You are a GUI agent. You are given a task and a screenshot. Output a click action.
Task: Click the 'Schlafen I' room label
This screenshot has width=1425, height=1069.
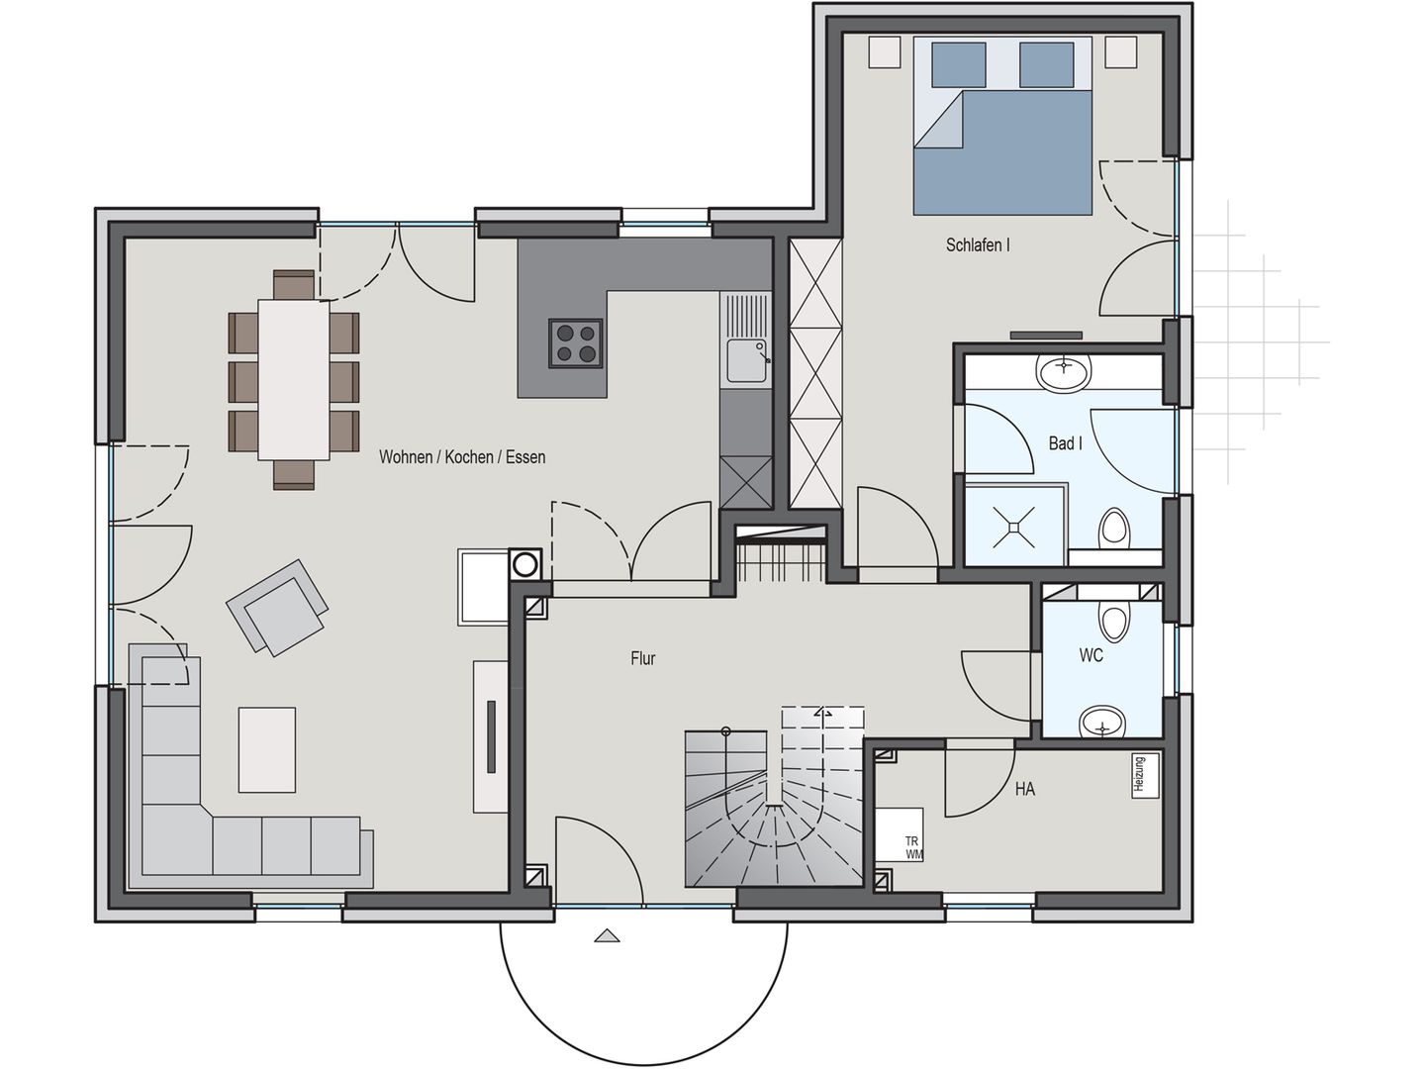(x=977, y=244)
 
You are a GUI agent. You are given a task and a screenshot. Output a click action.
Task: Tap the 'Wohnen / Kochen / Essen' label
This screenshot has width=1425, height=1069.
(x=461, y=456)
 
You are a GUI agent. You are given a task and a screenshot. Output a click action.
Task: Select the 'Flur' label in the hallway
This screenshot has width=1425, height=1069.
(x=642, y=657)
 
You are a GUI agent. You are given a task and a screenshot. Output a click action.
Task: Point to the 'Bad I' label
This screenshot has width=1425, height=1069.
(x=1065, y=442)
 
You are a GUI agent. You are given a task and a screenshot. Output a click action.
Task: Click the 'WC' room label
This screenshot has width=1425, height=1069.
(x=1091, y=654)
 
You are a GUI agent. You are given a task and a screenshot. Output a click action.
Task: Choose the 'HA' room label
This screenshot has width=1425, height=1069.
(x=1024, y=789)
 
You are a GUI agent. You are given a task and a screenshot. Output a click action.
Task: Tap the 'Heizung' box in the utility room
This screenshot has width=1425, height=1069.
(x=1139, y=774)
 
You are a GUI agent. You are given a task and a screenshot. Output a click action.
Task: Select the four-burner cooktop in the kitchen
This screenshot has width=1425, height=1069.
(x=576, y=343)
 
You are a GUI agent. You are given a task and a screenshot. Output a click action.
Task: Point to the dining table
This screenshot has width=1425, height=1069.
(x=294, y=379)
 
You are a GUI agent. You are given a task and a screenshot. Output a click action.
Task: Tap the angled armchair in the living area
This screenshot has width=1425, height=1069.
(x=277, y=607)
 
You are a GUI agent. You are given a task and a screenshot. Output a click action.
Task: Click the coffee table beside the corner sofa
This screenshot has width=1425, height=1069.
(x=267, y=748)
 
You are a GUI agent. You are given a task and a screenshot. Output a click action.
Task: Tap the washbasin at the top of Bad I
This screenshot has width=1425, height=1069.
(x=1063, y=372)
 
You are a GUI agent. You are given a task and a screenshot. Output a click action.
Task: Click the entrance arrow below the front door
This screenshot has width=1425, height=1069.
(x=608, y=935)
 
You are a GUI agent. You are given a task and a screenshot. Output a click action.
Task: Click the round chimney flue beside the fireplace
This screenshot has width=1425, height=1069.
(x=524, y=565)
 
